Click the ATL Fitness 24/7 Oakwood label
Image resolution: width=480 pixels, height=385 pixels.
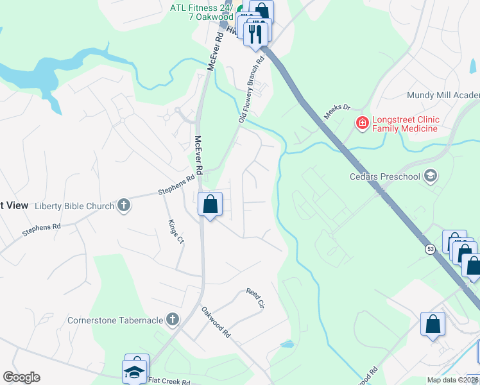(201, 12)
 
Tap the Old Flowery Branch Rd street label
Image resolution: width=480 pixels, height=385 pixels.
(251, 90)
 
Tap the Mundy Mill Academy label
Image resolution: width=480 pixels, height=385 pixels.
(443, 95)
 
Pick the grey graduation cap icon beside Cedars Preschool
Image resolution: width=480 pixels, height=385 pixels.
(431, 176)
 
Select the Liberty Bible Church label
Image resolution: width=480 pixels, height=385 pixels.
(74, 206)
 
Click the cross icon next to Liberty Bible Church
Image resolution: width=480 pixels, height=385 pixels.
(124, 206)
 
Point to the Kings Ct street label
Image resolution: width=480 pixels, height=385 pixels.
(175, 232)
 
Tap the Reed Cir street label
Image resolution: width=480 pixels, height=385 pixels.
(256, 296)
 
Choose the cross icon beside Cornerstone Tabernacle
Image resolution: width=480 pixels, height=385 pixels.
(172, 319)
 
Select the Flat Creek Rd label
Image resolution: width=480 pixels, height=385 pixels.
(171, 380)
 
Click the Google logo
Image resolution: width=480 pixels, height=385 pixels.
(21, 377)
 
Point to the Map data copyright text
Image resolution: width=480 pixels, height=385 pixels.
(453, 380)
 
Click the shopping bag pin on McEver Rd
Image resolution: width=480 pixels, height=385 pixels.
(210, 205)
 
